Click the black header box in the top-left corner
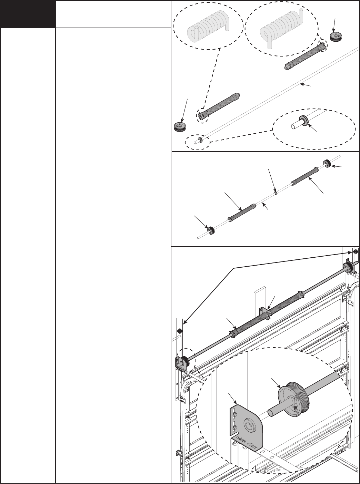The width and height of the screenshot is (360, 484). click(x=28, y=14)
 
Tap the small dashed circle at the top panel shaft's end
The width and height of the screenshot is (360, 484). click(x=197, y=141)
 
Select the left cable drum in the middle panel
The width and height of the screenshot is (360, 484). click(x=210, y=230)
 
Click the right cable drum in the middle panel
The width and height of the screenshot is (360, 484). click(x=327, y=163)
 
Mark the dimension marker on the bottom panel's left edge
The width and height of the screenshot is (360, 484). click(x=179, y=331)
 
